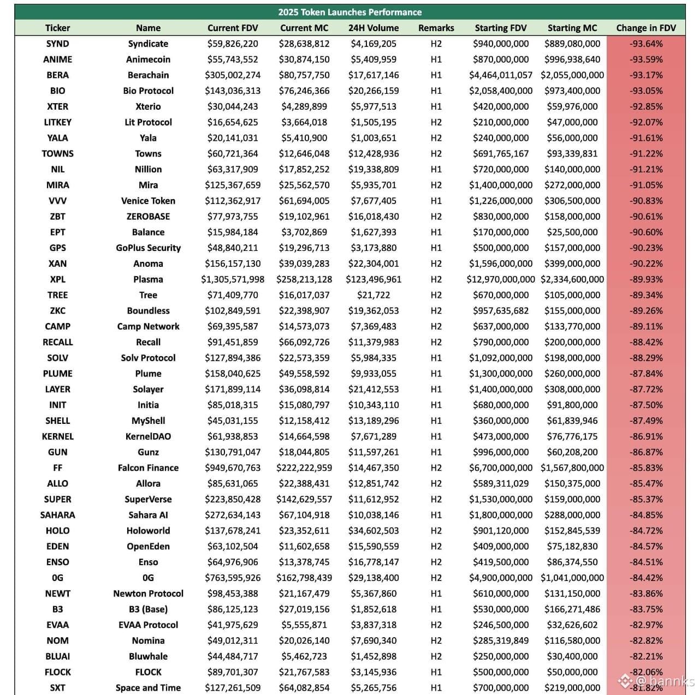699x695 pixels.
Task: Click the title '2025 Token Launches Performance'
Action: [x=349, y=12]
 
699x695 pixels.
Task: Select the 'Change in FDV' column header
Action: [x=646, y=28]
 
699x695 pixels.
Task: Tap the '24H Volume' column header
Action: [x=374, y=28]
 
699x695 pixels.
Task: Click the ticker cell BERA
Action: [x=57, y=75]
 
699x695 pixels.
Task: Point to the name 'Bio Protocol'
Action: [x=148, y=91]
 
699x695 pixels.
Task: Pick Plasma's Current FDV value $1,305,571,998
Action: [x=233, y=279]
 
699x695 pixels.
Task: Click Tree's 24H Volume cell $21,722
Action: [x=374, y=295]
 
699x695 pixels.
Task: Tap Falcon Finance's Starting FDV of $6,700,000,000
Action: [x=501, y=468]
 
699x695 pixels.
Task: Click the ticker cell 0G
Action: [x=57, y=578]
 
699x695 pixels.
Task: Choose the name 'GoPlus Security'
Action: [x=148, y=248]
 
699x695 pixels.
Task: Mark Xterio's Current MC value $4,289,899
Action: [x=304, y=106]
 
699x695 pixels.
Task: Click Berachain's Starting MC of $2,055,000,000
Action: [x=572, y=75]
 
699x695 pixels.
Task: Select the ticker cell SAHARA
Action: [x=57, y=515]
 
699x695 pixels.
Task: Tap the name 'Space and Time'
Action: [x=148, y=688]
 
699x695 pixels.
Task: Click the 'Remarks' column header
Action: [x=436, y=28]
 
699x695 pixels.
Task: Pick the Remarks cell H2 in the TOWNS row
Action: [x=436, y=154]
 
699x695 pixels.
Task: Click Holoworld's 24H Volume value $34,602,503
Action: [x=374, y=531]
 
